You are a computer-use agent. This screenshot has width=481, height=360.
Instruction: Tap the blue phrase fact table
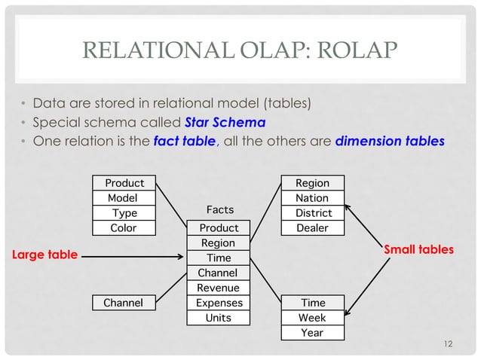pyautogui.click(x=185, y=142)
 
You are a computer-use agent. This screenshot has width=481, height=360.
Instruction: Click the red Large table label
pyautogui.click(x=44, y=255)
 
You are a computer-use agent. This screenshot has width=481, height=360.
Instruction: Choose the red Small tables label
pyautogui.click(x=419, y=249)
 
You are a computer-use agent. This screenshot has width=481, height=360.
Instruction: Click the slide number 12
pyautogui.click(x=449, y=344)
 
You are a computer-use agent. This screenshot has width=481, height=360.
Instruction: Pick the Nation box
pyautogui.click(x=311, y=198)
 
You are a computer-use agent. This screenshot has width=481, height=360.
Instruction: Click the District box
pyautogui.click(x=311, y=213)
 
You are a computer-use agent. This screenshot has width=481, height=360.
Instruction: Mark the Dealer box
pyautogui.click(x=311, y=228)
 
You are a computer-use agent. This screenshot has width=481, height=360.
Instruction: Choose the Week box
pyautogui.click(x=311, y=318)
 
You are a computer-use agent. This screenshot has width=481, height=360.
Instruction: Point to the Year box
pyautogui.click(x=311, y=332)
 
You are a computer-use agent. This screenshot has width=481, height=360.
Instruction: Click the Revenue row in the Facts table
pyautogui.click(x=218, y=288)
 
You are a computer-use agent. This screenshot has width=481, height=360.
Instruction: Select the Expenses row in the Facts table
pyautogui.click(x=218, y=303)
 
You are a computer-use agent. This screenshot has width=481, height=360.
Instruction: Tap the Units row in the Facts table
pyautogui.click(x=218, y=318)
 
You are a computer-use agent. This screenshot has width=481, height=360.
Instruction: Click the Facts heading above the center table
pyautogui.click(x=219, y=209)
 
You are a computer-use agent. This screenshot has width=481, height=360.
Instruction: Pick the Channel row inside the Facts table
pyautogui.click(x=218, y=273)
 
